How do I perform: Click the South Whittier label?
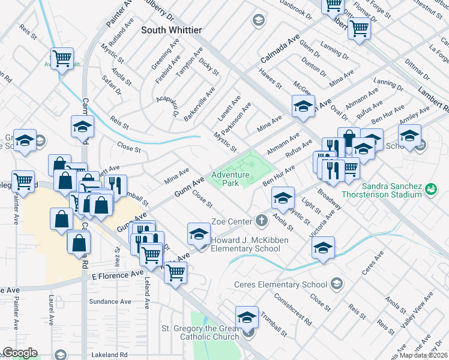tap(171, 29)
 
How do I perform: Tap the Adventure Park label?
tap(230, 179)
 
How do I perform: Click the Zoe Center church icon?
tap(261, 221)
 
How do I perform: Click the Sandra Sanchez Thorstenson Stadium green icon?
tap(430, 190)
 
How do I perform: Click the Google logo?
tap(19, 353)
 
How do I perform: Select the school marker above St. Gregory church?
tap(247, 317)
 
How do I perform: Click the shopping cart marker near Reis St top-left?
tap(62, 59)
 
